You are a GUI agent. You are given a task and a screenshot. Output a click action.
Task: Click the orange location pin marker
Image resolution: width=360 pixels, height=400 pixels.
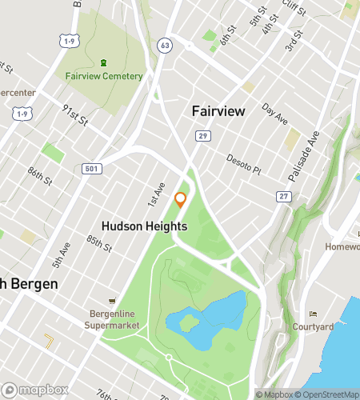(x=181, y=200)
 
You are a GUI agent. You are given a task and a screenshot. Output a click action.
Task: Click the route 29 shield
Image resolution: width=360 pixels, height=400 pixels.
(x=204, y=138)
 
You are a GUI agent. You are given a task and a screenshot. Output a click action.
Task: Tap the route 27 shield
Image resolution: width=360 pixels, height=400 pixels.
(x=283, y=196)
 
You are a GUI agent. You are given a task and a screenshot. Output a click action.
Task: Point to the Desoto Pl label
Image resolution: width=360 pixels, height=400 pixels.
(x=244, y=164)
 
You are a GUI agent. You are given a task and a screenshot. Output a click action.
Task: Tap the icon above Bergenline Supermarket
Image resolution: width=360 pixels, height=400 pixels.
(x=111, y=301)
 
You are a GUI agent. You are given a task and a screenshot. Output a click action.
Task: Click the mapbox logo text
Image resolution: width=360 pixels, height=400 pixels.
(x=37, y=390)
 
